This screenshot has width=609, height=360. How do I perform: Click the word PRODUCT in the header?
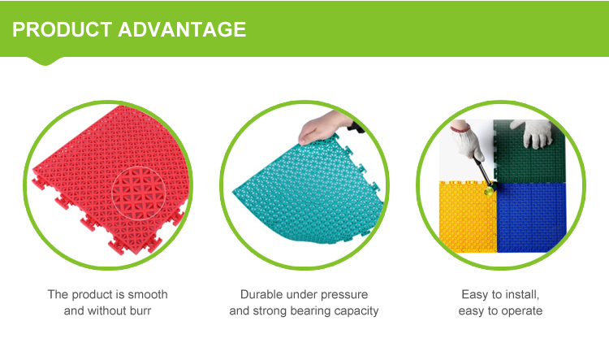(x=62, y=29)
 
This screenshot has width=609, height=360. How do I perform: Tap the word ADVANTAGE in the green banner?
(x=183, y=29)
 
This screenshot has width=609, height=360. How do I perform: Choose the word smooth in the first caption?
(x=149, y=294)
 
